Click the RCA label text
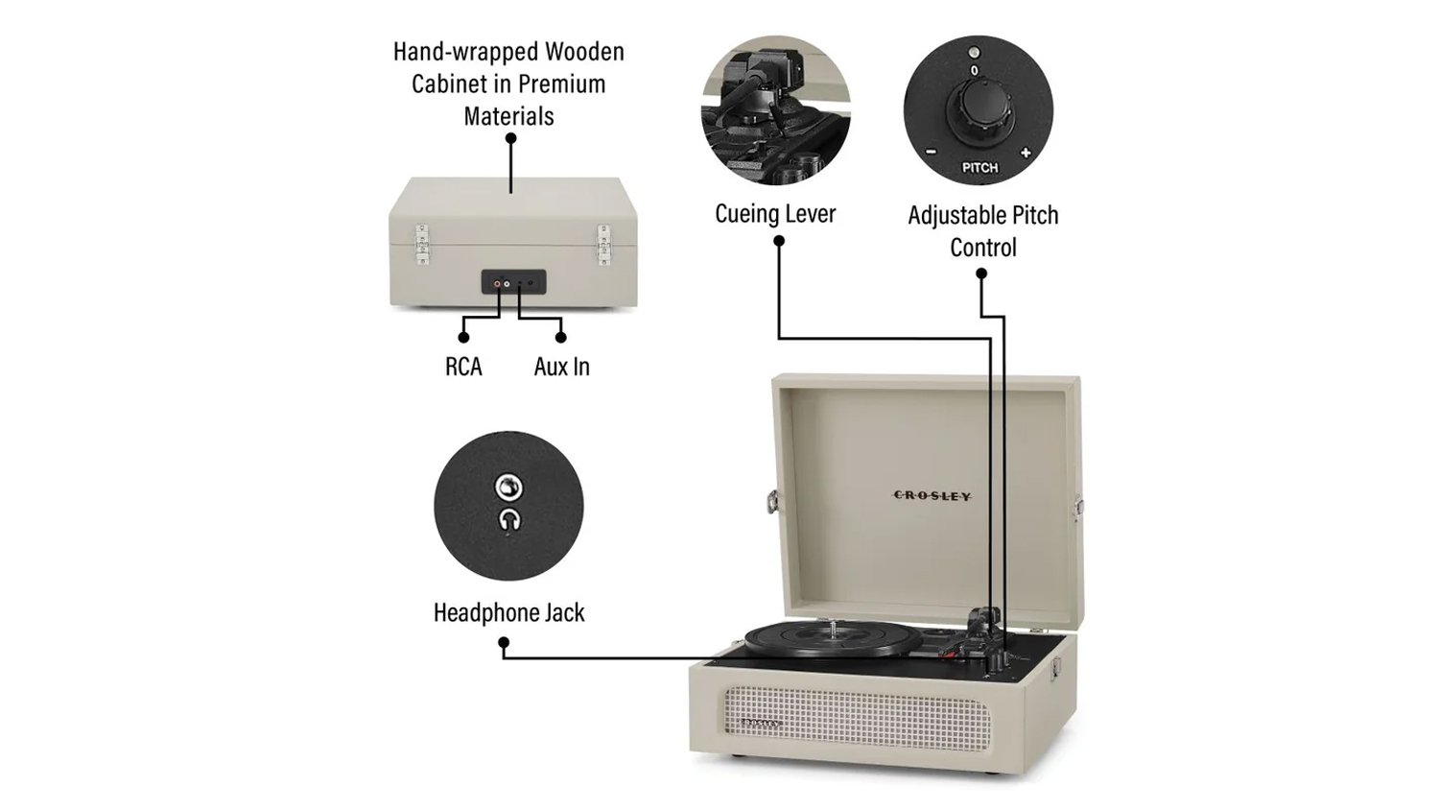(463, 367)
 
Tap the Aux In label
(561, 367)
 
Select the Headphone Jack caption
(508, 612)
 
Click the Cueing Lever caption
(775, 214)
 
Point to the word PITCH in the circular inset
(979, 168)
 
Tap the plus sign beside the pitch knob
(1026, 153)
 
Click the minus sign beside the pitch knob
(931, 152)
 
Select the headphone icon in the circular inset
(509, 519)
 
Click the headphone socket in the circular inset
(508, 488)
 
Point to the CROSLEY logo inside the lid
(932, 495)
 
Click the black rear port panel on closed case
(514, 281)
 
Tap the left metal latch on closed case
(422, 245)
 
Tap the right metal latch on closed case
(603, 245)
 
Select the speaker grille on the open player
(858, 718)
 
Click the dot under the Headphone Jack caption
(504, 642)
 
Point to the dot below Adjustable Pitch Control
(981, 274)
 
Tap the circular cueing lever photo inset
(775, 110)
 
